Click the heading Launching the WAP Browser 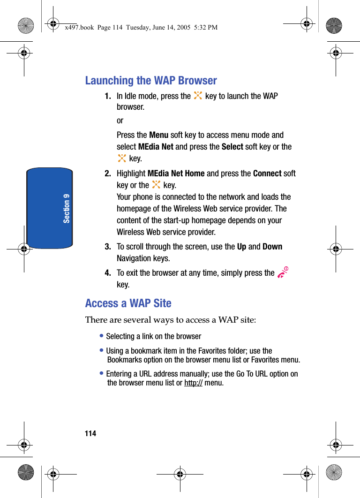click(151, 81)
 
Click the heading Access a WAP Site click(128, 303)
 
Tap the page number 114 click(90, 433)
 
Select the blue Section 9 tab click(50, 208)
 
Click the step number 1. click(108, 96)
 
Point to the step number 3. click(108, 247)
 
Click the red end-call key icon click(282, 273)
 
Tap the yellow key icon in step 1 click(198, 96)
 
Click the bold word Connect click(267, 174)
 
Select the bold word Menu click(158, 135)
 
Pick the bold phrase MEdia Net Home click(176, 174)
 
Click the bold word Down click(272, 247)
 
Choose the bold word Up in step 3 click(241, 247)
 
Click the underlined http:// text click(193, 383)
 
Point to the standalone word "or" click(120, 121)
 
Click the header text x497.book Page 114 click(141, 27)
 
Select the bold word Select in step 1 click(232, 147)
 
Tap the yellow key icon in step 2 click(156, 185)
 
